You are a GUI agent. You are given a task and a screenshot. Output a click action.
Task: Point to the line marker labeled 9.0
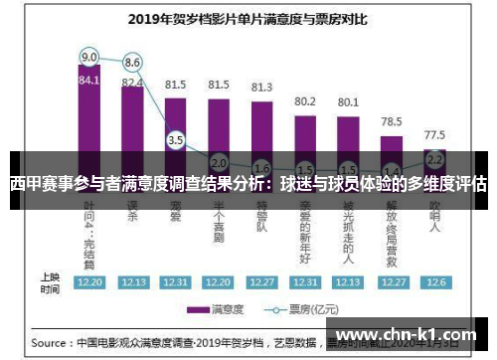coord(89,57)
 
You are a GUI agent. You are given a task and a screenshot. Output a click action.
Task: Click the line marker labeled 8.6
coord(132,62)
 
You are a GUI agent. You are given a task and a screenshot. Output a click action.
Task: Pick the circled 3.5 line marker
coord(176,140)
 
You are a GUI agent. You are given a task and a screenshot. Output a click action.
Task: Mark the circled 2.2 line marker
coord(434,158)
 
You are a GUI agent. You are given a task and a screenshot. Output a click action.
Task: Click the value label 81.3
coord(262,87)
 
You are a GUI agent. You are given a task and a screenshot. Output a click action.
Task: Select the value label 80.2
coord(305,101)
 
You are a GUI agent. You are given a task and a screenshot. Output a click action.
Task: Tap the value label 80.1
coord(348,101)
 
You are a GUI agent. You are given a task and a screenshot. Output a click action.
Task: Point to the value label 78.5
coord(392,121)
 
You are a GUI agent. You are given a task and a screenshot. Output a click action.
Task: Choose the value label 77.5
coord(434,133)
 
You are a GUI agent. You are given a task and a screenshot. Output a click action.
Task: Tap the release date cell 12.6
coord(434,281)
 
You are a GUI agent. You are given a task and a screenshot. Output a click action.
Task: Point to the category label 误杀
coord(132,215)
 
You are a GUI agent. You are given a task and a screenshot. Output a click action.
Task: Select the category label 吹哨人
coord(434,221)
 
